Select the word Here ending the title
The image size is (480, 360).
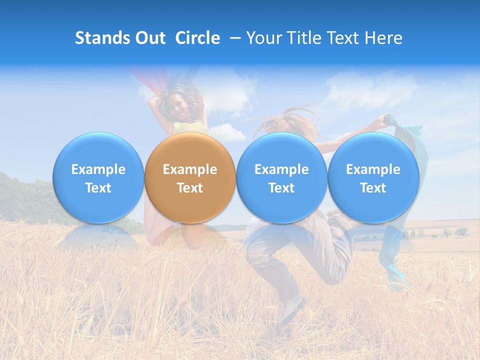coord(385,38)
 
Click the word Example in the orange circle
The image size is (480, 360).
coord(189,169)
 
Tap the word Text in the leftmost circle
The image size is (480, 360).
coord(98,188)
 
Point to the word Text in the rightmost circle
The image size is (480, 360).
coord(373,188)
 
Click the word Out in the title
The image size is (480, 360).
coord(149,38)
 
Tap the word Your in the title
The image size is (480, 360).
coord(262,38)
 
